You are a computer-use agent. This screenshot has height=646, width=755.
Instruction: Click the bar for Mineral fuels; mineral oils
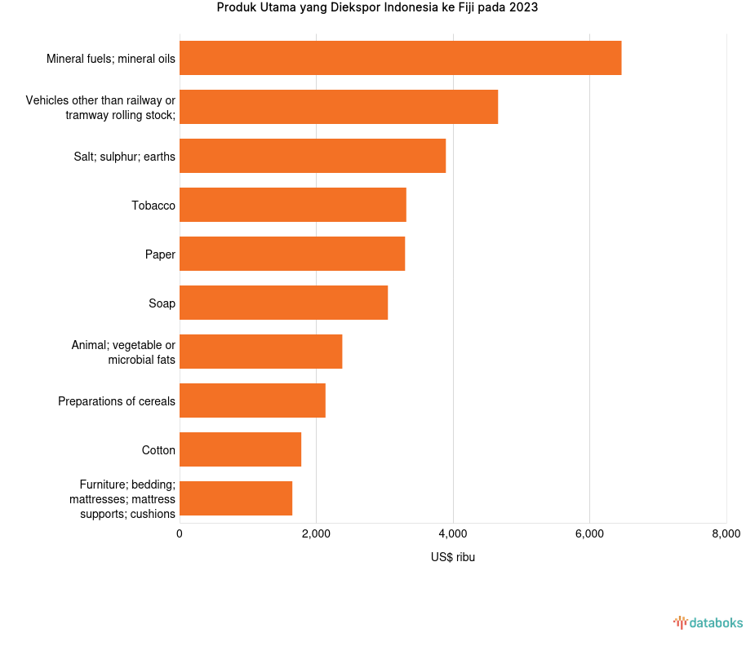pos(400,58)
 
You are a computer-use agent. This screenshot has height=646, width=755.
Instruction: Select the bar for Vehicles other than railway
pos(339,107)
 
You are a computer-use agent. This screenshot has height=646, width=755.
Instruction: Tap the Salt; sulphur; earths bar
pos(313,156)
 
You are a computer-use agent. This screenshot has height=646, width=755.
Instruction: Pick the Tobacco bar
pos(293,205)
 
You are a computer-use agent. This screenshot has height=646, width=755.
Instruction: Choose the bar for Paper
pos(292,254)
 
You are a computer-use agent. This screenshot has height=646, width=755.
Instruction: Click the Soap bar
pos(283,303)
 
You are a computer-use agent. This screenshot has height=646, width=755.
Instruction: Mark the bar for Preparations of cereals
pos(252,400)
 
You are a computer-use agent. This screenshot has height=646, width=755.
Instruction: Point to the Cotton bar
pos(240,449)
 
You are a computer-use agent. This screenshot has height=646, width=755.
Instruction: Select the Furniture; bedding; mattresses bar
pos(236,498)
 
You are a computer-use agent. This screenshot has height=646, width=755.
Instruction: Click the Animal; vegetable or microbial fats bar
pos(260,352)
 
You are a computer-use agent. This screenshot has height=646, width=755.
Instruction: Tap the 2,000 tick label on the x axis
pos(316,534)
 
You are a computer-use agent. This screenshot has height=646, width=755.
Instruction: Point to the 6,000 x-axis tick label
pos(589,534)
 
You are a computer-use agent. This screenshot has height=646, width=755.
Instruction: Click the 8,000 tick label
pos(726,534)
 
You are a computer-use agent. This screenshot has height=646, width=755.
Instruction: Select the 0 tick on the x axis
pos(180,534)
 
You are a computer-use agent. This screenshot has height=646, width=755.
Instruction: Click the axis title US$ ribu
pos(453,558)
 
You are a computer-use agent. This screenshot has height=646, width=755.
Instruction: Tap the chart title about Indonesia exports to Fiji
pos(377,8)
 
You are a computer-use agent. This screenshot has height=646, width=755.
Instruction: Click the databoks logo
pos(708,623)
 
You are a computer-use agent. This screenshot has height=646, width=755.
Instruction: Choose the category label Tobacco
pos(153,206)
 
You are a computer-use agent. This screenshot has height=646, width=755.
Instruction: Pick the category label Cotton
pos(158,450)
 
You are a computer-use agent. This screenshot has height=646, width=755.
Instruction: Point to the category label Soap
pos(162,303)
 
